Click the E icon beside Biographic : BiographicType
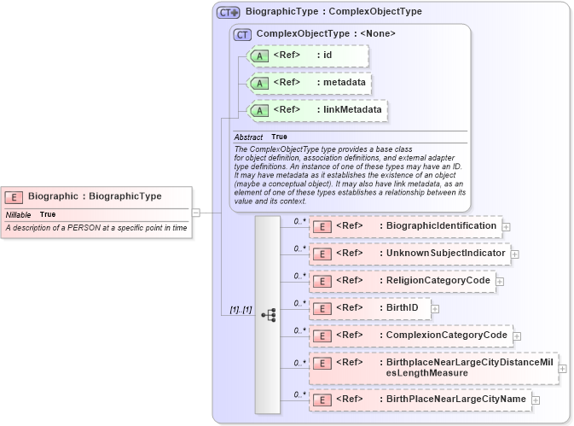[14, 196]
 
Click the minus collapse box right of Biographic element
[195, 213]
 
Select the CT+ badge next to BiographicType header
[229, 12]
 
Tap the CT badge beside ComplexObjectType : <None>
[242, 34]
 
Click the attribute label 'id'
[327, 55]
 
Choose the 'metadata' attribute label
[345, 83]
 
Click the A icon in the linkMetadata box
[261, 110]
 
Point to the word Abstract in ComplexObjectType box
[248, 137]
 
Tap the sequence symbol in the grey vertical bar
[268, 315]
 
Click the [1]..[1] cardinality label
[241, 309]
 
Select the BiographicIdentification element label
[441, 225]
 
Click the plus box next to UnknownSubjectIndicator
[514, 254]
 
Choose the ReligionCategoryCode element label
[438, 280]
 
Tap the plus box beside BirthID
[435, 308]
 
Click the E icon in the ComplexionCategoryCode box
[322, 336]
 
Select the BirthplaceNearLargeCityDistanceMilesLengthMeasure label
[469, 368]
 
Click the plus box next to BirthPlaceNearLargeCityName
[536, 399]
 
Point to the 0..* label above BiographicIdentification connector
[299, 221]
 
